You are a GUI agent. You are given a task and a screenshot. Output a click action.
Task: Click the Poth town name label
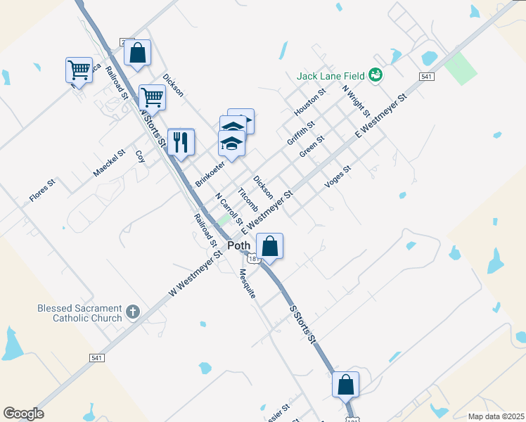pyautogui.click(x=238, y=245)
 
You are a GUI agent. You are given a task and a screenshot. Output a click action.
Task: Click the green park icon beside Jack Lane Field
pyautogui.click(x=376, y=75)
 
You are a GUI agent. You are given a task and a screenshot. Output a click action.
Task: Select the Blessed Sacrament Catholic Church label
pyautogui.click(x=79, y=313)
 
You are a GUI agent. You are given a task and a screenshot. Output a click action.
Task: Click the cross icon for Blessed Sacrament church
pyautogui.click(x=132, y=312)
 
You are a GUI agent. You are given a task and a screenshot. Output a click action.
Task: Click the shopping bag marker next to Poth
pyautogui.click(x=269, y=247)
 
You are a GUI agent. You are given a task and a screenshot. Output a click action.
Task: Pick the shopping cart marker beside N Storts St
pyautogui.click(x=151, y=97)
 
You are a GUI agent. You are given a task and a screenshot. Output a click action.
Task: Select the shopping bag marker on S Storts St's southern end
pyautogui.click(x=345, y=385)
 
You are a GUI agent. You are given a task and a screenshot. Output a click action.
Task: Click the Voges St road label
pyautogui.click(x=338, y=177)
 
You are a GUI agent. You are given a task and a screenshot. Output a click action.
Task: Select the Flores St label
pyautogui.click(x=41, y=191)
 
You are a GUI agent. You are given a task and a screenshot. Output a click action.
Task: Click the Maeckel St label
pyautogui.click(x=109, y=162)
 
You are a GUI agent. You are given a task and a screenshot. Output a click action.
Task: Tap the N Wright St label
pyautogui.click(x=356, y=100)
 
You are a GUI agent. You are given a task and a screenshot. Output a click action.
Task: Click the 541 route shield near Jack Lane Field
pyautogui.click(x=427, y=76)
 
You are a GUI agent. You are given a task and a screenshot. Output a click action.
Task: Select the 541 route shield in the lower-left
pyautogui.click(x=98, y=358)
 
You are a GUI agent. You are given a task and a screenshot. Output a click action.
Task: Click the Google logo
pyautogui.click(x=23, y=414)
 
